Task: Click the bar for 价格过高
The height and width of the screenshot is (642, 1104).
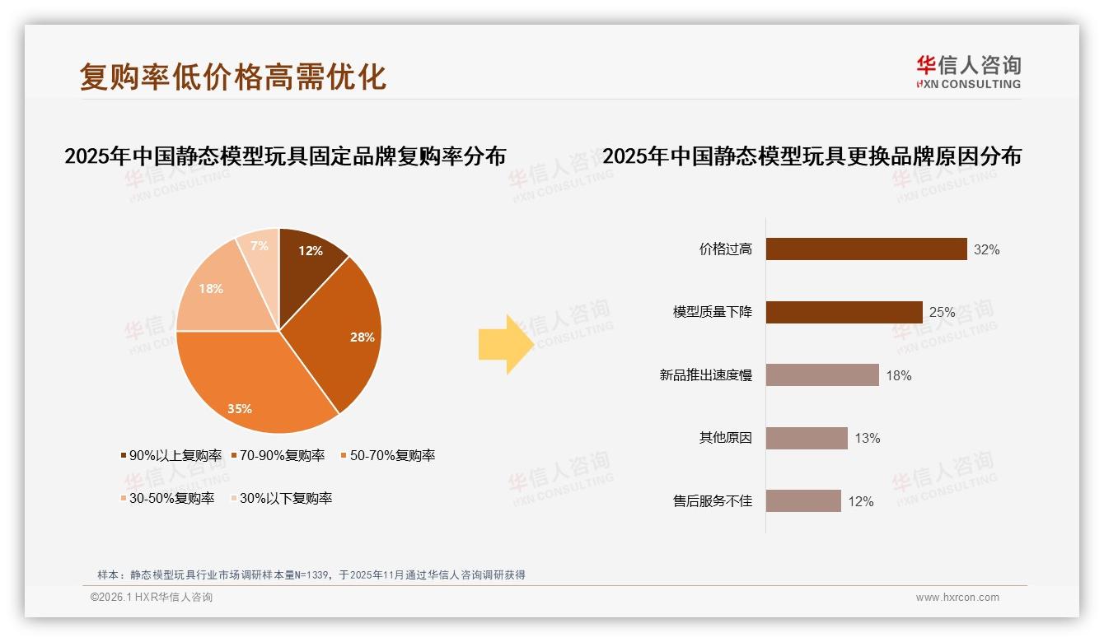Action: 866,249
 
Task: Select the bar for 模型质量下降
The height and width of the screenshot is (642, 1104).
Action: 844,312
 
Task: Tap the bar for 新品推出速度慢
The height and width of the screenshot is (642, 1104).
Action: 822,375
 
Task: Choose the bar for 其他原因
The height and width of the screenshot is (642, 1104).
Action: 807,438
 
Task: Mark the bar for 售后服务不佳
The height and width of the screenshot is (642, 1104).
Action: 803,501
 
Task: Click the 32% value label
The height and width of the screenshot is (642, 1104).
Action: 986,249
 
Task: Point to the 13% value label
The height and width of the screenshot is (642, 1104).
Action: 867,438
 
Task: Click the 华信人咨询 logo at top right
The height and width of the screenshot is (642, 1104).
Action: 968,71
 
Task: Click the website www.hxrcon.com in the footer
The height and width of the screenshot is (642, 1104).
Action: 957,598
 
